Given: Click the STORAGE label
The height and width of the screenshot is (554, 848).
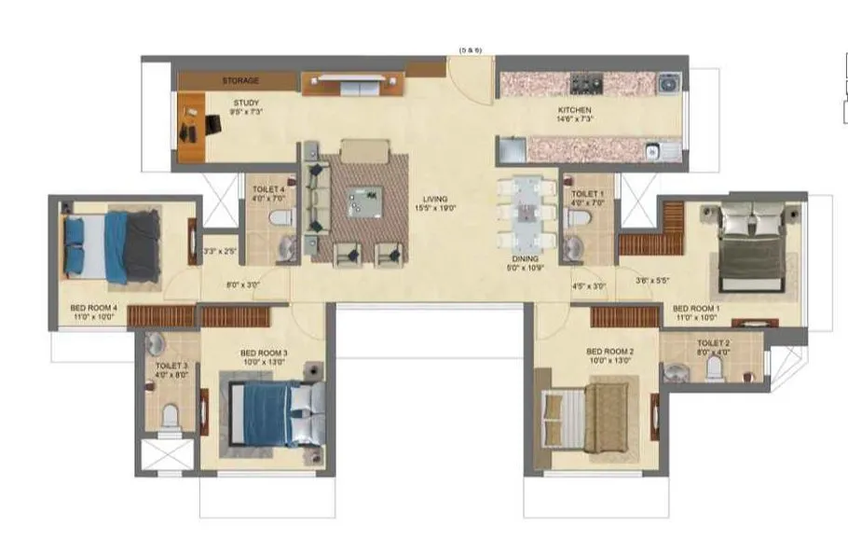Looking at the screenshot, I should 240,81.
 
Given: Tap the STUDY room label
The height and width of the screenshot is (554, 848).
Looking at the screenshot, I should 247,104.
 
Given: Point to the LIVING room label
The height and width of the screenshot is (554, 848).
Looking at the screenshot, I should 434,199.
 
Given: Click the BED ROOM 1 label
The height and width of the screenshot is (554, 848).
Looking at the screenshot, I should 696,309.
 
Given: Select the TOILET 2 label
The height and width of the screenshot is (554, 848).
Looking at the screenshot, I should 713,342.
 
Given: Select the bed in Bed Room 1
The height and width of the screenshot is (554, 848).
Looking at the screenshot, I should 751,244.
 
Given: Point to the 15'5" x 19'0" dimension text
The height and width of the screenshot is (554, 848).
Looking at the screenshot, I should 434,209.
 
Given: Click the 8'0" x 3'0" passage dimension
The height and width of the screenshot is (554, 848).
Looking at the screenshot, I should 241,286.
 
